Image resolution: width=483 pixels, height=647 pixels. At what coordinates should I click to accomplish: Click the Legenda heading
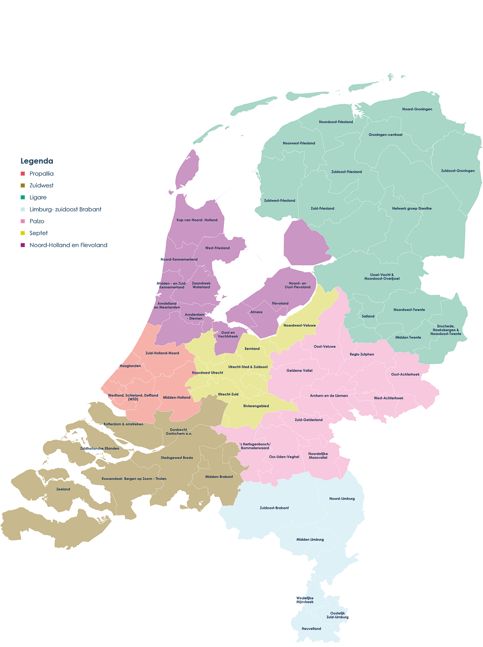(37, 161)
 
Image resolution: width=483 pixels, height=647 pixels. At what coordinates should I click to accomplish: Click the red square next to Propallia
(23, 174)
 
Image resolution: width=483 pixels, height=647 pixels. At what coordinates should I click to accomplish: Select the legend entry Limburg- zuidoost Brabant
(65, 209)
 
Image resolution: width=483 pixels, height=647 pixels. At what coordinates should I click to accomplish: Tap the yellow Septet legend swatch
(23, 233)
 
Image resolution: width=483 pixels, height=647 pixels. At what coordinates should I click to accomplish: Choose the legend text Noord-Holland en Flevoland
(68, 245)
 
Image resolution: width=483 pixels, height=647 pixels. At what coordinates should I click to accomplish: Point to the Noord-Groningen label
(417, 109)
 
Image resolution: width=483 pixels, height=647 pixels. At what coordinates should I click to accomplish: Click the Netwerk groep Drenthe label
(412, 208)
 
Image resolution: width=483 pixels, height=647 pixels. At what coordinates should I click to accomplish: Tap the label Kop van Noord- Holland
(197, 220)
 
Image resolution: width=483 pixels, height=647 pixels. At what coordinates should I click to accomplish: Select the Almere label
(256, 312)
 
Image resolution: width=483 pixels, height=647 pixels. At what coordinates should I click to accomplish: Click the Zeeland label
(63, 489)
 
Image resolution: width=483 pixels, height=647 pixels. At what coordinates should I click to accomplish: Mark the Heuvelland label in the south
(312, 628)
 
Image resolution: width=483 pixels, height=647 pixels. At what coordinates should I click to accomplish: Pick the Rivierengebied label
(256, 406)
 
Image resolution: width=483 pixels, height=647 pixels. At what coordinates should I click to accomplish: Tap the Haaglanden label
(130, 366)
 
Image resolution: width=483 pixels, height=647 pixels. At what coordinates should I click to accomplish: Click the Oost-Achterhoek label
(405, 374)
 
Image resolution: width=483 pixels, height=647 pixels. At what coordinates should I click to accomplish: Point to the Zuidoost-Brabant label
(274, 508)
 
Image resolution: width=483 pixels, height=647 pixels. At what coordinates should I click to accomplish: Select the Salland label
(368, 316)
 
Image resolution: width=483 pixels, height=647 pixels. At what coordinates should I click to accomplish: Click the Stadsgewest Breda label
(177, 457)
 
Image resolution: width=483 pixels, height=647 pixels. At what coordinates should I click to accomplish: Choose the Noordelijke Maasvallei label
(318, 455)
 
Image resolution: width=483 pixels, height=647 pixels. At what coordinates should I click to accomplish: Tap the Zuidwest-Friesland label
(279, 200)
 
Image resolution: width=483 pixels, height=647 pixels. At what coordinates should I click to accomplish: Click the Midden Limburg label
(310, 540)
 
